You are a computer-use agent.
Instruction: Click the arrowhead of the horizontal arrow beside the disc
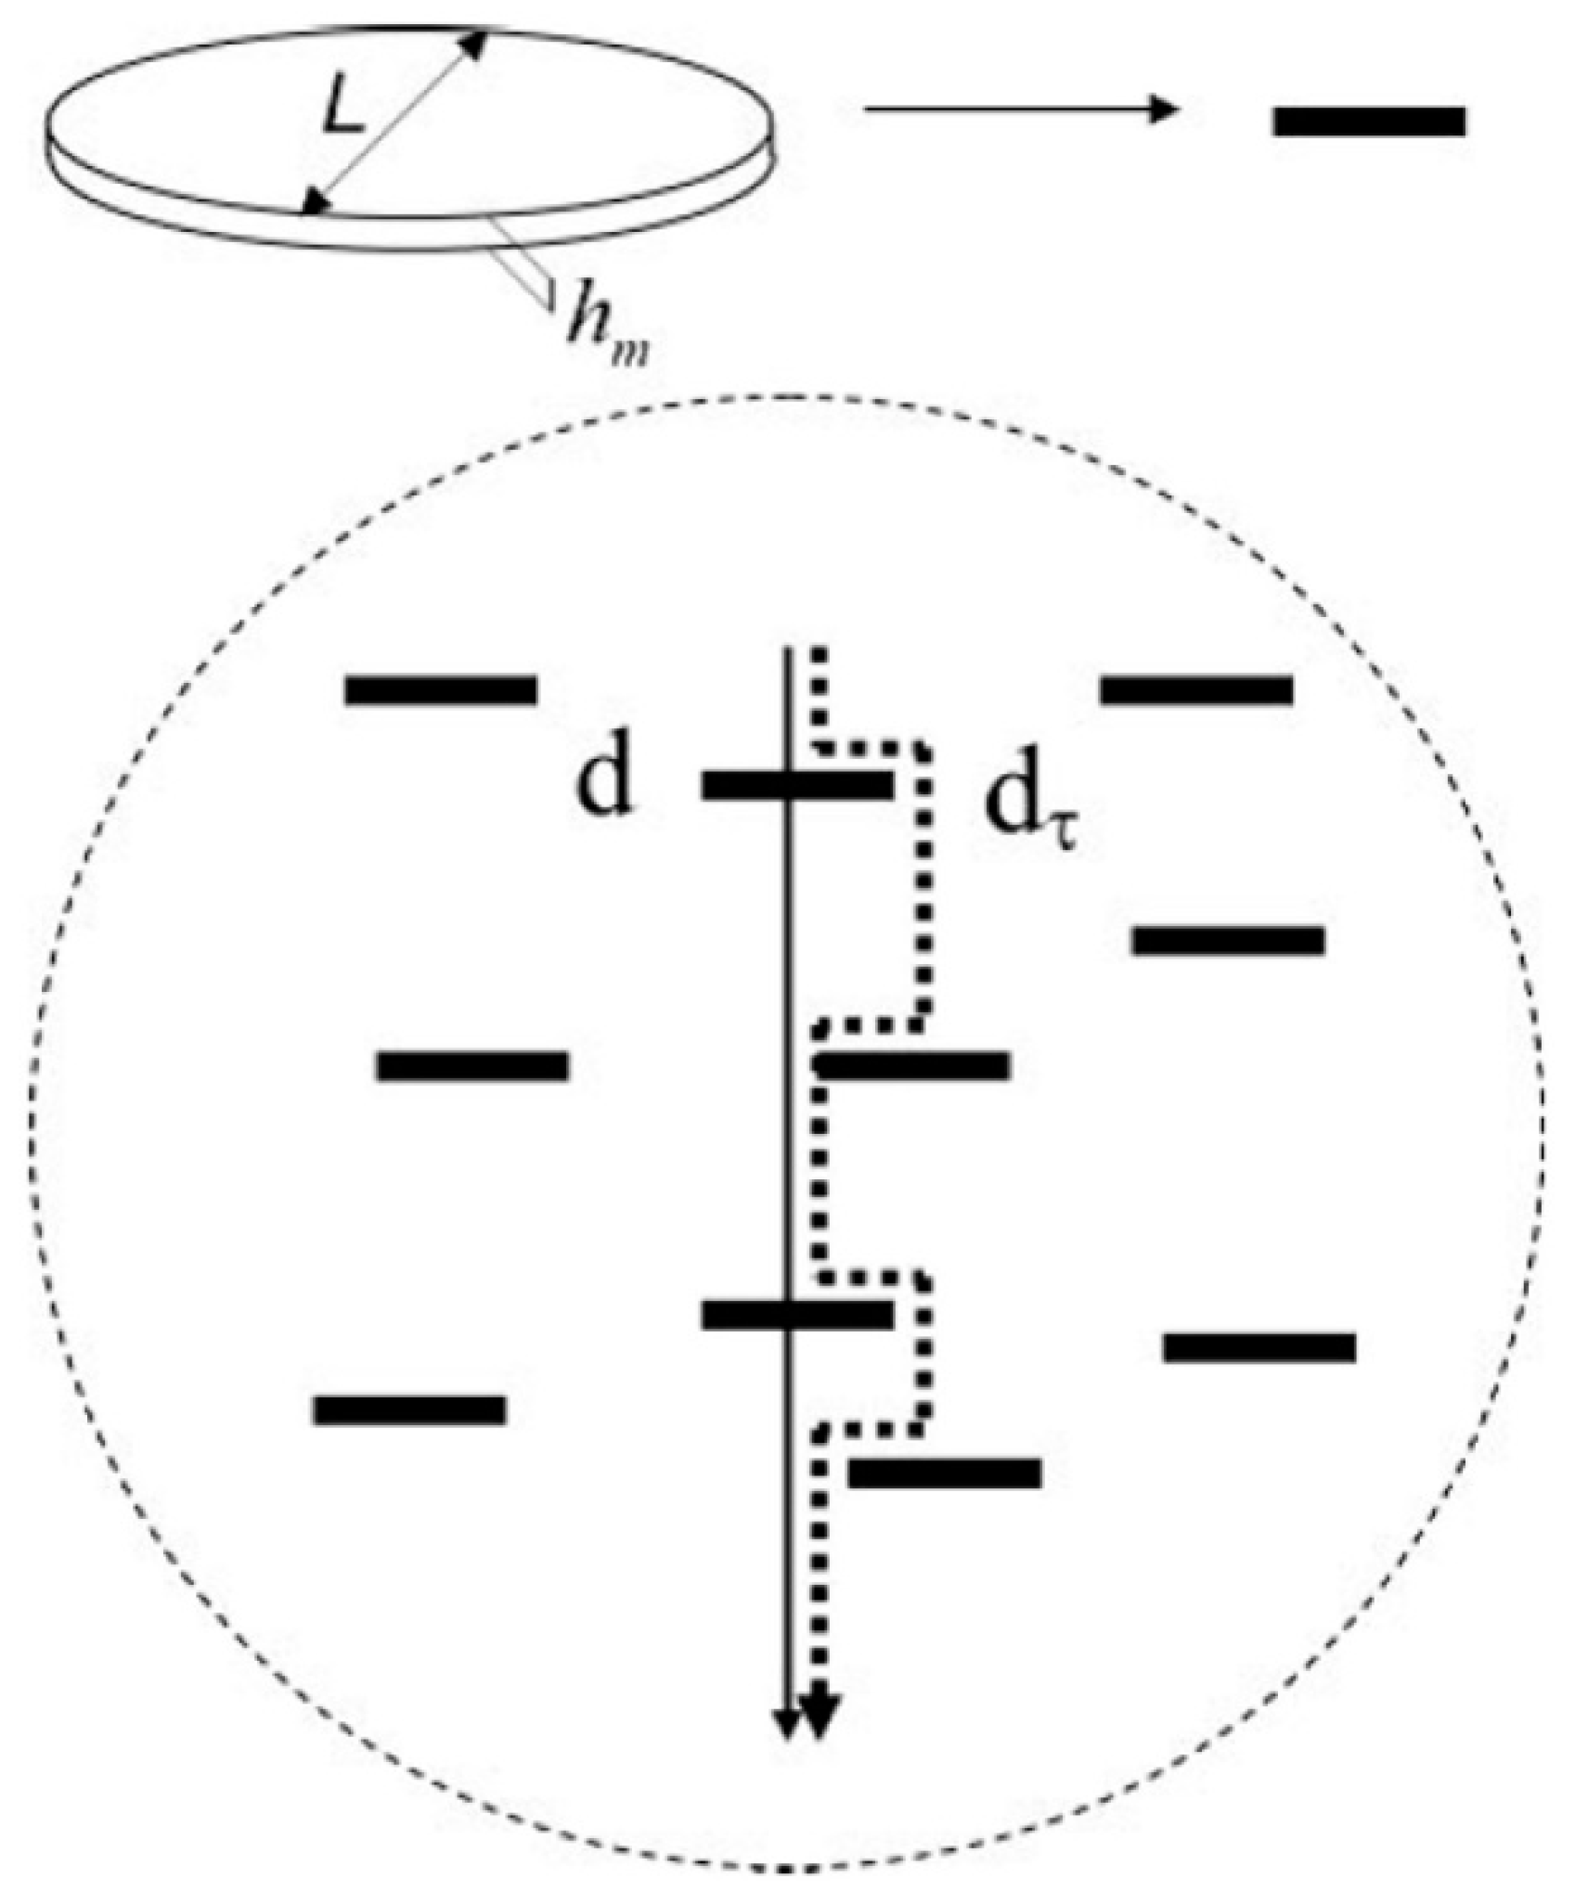(x=1164, y=109)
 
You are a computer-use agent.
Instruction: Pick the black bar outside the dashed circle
(x=1368, y=122)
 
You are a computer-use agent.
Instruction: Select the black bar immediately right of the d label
(x=796, y=785)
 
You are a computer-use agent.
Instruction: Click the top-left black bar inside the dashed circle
(x=440, y=689)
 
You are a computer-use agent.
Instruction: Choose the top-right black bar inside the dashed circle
(x=1195, y=689)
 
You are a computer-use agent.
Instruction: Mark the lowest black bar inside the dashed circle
(x=944, y=1473)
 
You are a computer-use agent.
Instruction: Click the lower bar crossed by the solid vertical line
(x=796, y=1314)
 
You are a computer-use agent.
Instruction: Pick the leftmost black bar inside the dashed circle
(x=409, y=1409)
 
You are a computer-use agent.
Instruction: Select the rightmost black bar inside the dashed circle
(x=1259, y=1347)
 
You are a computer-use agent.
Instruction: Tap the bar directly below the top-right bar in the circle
(x=1227, y=940)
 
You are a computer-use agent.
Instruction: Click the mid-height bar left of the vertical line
(x=471, y=1066)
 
